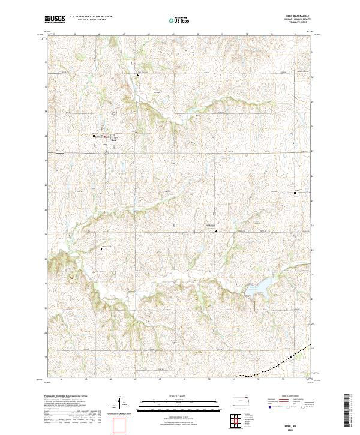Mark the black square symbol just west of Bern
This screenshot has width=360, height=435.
click(x=94, y=135)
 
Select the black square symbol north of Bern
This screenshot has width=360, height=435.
click(x=139, y=74)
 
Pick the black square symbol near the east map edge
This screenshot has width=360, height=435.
click(x=295, y=193)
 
